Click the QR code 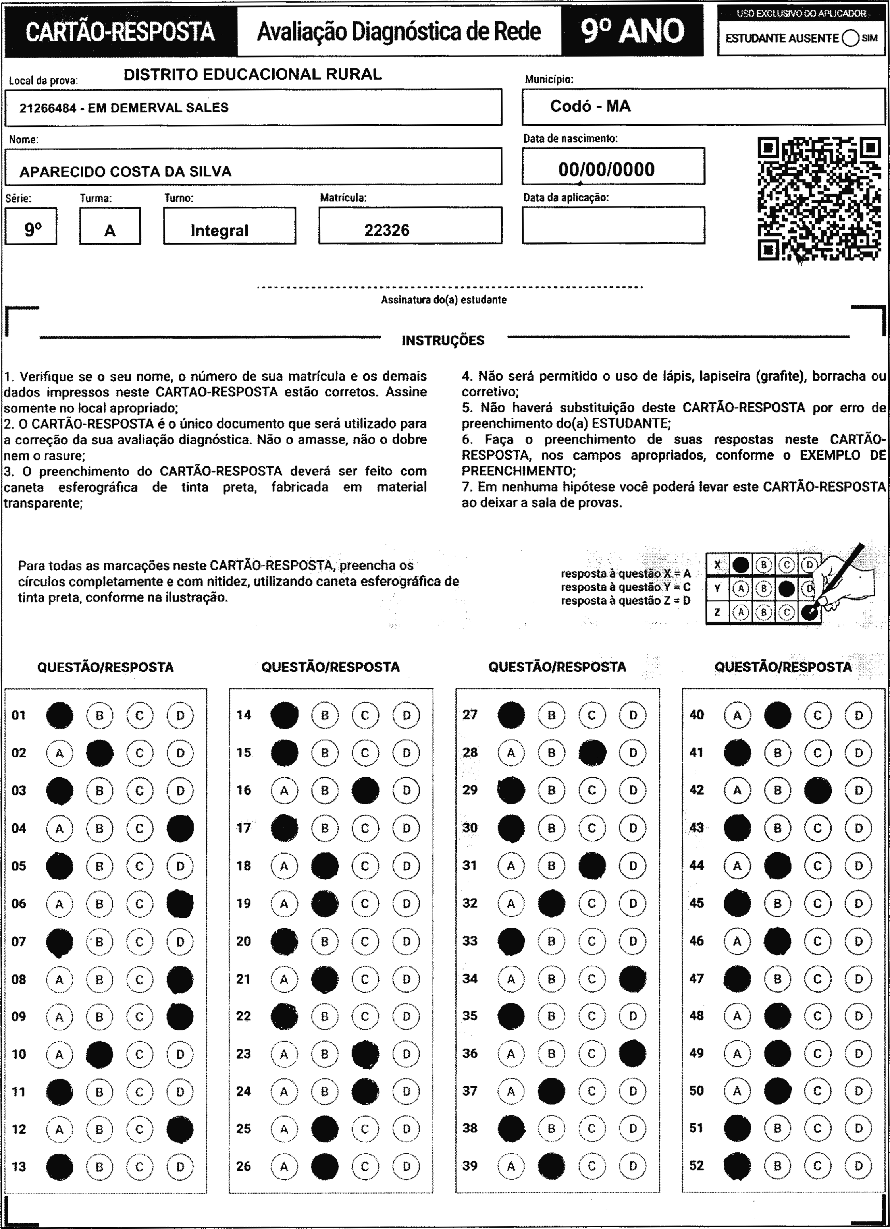819,198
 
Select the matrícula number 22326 387,230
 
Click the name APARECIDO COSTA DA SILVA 126,172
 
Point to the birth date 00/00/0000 606,170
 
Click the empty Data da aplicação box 613,225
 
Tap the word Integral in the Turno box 220,230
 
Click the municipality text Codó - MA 590,106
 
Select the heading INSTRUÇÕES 443,340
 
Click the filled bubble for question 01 60,715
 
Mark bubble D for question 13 180,1167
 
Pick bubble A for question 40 737,715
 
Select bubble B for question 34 551,979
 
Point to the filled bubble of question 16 365,790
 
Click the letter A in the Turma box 110,231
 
